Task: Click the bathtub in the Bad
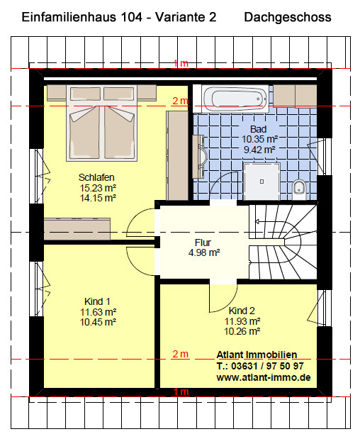point(235,99)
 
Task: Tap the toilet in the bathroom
point(299,190)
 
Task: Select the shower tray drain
point(261,182)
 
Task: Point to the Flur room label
point(203,243)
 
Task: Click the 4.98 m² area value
point(204,252)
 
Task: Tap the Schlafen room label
point(96,177)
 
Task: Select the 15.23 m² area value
point(98,188)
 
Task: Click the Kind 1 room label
point(97,301)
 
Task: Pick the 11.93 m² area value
point(242,321)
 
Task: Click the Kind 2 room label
point(242,311)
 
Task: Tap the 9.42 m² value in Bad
point(259,150)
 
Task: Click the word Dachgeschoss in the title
point(288,18)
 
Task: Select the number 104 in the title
point(131,18)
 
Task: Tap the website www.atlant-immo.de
point(264,377)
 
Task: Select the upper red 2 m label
point(180,101)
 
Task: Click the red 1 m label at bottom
point(181,391)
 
